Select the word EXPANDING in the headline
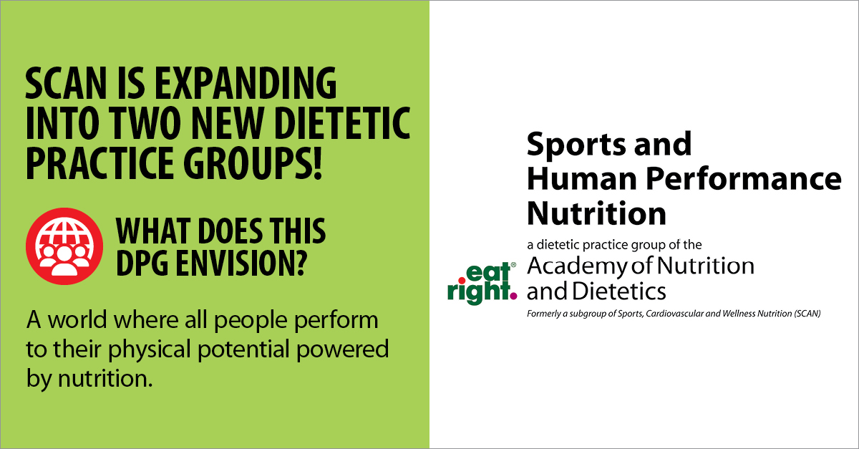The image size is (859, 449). coord(254,85)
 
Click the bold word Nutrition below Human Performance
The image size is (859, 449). coord(596,213)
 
